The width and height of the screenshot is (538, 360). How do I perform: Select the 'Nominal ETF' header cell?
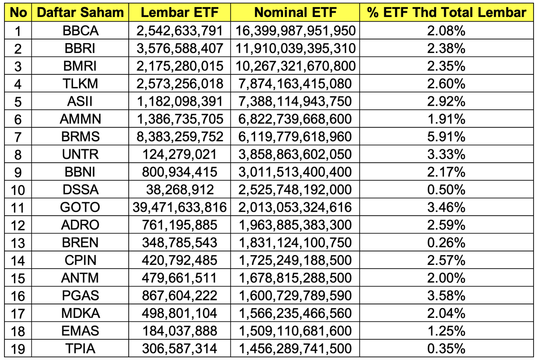296,13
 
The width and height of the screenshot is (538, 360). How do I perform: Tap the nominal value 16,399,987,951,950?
296,30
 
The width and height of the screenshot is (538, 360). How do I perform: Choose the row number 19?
18,348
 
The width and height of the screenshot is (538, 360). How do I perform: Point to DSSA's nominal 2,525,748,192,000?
296,190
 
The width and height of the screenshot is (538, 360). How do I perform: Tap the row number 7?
18,136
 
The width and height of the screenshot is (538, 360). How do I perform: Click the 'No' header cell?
18,13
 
